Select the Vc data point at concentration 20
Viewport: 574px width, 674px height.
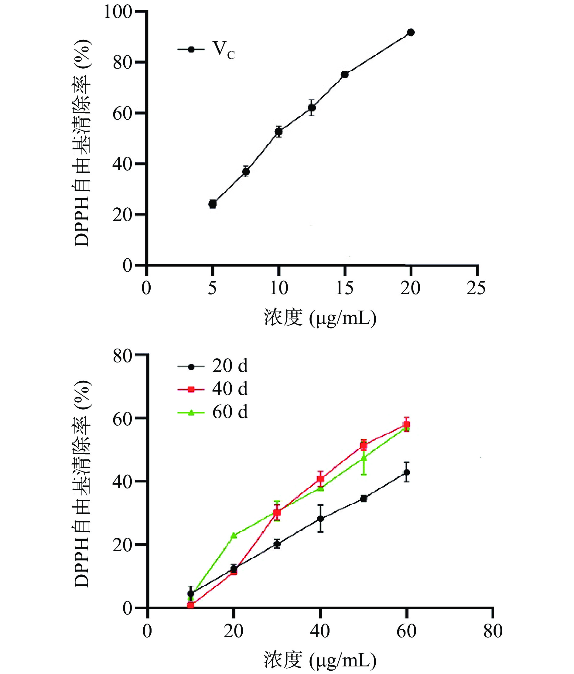(411, 32)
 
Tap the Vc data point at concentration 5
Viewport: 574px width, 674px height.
(213, 204)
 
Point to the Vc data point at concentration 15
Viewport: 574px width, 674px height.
(345, 75)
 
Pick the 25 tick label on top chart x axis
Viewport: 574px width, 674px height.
(476, 288)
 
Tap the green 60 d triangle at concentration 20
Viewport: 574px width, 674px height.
(234, 535)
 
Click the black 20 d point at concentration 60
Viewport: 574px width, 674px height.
(406, 472)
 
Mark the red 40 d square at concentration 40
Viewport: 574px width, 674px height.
(320, 478)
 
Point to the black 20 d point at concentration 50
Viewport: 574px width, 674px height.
(364, 499)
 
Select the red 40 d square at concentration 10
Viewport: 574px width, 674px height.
(191, 605)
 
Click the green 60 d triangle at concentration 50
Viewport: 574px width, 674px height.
(364, 458)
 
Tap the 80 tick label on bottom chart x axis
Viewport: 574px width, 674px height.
(493, 631)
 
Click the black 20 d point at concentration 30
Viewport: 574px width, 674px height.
(277, 543)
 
